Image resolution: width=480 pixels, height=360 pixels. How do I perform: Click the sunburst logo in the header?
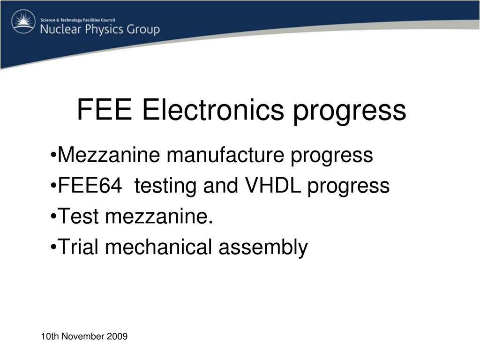(x=23, y=22)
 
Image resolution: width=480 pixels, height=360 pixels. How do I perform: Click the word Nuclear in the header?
(x=61, y=30)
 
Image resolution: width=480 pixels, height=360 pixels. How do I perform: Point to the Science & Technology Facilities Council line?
(x=78, y=20)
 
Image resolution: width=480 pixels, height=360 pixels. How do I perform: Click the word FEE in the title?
(x=105, y=110)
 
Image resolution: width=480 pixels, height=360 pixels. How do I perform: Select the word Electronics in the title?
(x=213, y=110)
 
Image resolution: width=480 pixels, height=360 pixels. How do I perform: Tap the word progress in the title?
(x=350, y=112)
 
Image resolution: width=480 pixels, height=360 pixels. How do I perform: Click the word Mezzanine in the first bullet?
(x=109, y=155)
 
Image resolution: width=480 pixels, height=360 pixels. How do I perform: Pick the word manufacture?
(x=225, y=155)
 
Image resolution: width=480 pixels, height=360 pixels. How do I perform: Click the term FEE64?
(x=90, y=186)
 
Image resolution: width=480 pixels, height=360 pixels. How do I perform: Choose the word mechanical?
(x=158, y=247)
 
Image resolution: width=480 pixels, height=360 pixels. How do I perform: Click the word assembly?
(x=263, y=248)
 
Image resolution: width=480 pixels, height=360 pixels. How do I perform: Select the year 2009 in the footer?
(x=117, y=337)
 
